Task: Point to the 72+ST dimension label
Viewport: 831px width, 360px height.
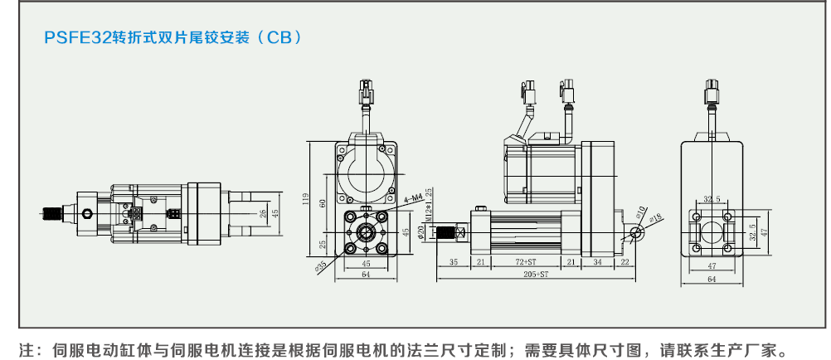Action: [532, 261]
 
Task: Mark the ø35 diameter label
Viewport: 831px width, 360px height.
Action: [321, 267]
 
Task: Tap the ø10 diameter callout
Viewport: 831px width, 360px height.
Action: [643, 208]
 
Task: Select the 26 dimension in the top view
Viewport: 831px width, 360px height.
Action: [263, 214]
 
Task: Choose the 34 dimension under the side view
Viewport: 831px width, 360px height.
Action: [597, 261]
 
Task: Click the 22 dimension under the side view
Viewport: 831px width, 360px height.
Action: [624, 261]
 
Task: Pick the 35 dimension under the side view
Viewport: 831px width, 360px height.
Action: [454, 261]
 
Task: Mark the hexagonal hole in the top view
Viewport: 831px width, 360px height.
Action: [88, 214]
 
